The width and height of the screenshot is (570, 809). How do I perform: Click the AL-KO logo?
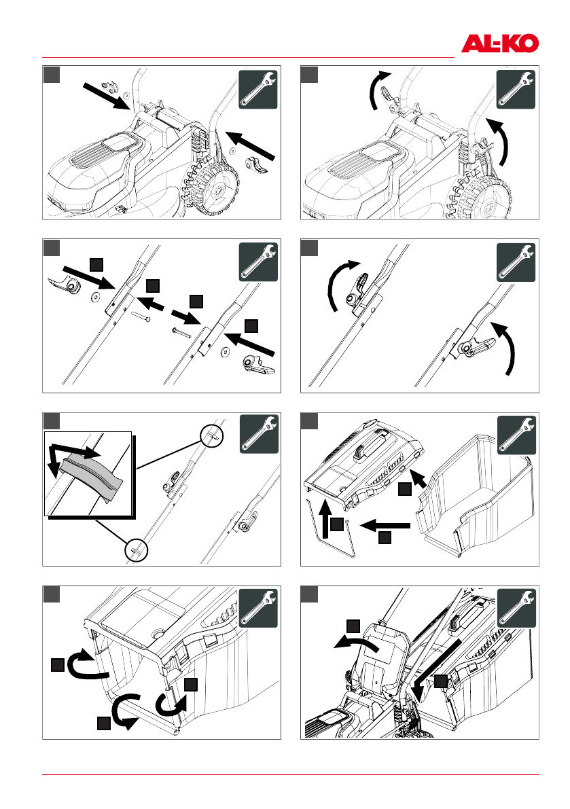coord(500,44)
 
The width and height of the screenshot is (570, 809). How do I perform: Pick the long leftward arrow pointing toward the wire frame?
coord(385,524)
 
